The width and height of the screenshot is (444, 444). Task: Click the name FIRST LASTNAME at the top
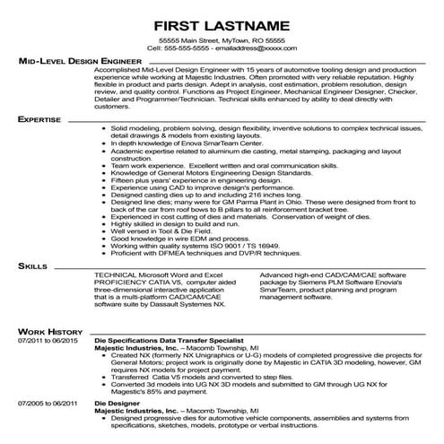pos(222,22)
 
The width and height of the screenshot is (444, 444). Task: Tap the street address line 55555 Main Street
pos(222,40)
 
